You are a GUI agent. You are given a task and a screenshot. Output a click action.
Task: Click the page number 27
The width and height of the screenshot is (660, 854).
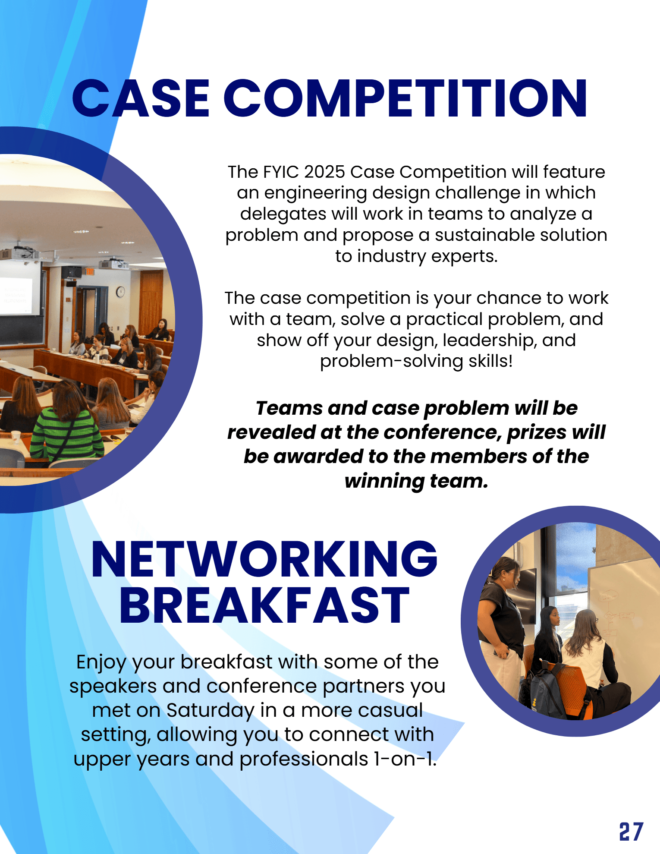[631, 832]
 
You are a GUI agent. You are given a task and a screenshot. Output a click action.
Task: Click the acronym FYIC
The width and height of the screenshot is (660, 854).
[280, 172]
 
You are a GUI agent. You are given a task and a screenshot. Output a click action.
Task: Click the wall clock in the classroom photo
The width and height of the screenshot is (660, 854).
[121, 292]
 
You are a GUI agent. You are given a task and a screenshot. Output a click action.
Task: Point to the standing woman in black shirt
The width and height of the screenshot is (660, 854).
[500, 621]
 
